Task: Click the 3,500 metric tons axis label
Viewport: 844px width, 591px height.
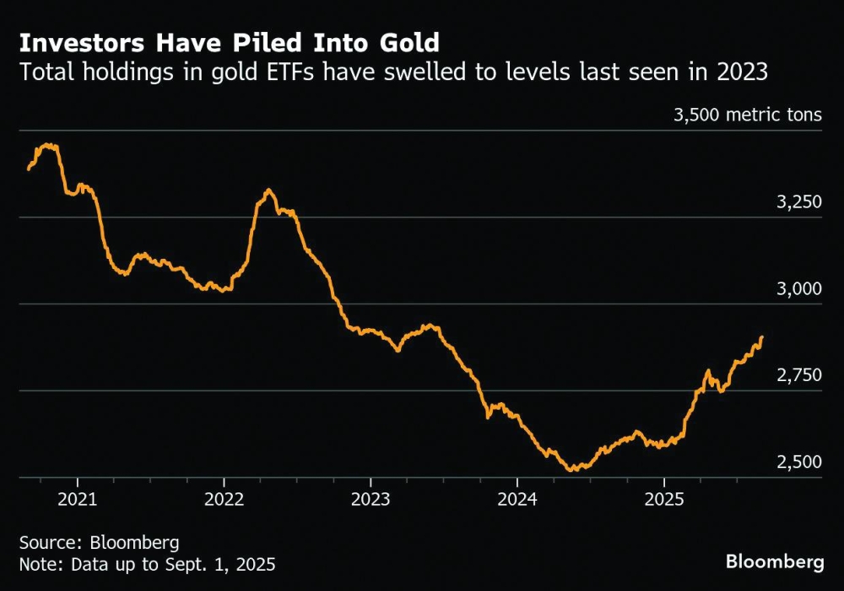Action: pos(748,115)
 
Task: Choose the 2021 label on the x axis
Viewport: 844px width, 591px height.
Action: pos(78,499)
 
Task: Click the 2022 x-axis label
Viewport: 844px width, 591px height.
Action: pos(225,499)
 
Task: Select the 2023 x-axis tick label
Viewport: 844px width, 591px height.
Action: pos(371,499)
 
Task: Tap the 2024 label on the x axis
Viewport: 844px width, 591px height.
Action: pos(518,499)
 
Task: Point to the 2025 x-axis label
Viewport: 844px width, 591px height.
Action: pos(664,499)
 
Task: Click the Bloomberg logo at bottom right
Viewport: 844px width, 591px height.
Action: pos(774,562)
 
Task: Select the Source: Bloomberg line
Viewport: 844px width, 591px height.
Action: pos(99,541)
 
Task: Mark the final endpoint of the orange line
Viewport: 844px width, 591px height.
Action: pos(762,337)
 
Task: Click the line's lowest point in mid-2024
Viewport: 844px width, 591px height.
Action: pos(573,470)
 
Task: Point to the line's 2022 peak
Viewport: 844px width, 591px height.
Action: pos(268,191)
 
